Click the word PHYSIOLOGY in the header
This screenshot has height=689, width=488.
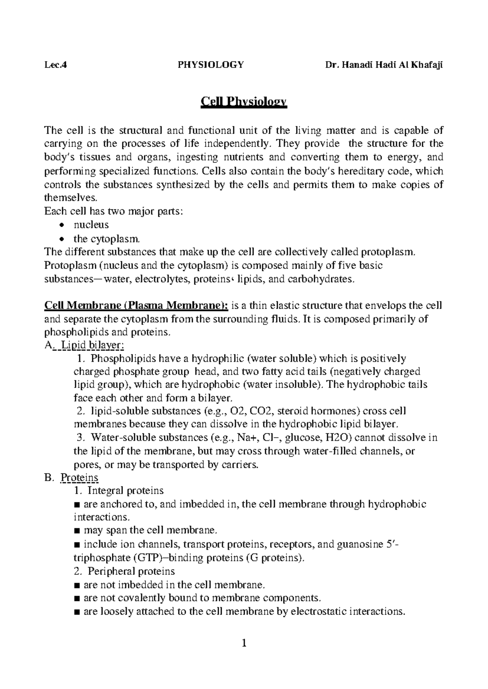211,65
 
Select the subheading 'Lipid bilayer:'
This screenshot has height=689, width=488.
92,345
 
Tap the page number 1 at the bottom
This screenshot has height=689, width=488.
244,643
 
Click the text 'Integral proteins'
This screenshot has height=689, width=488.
127,490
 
